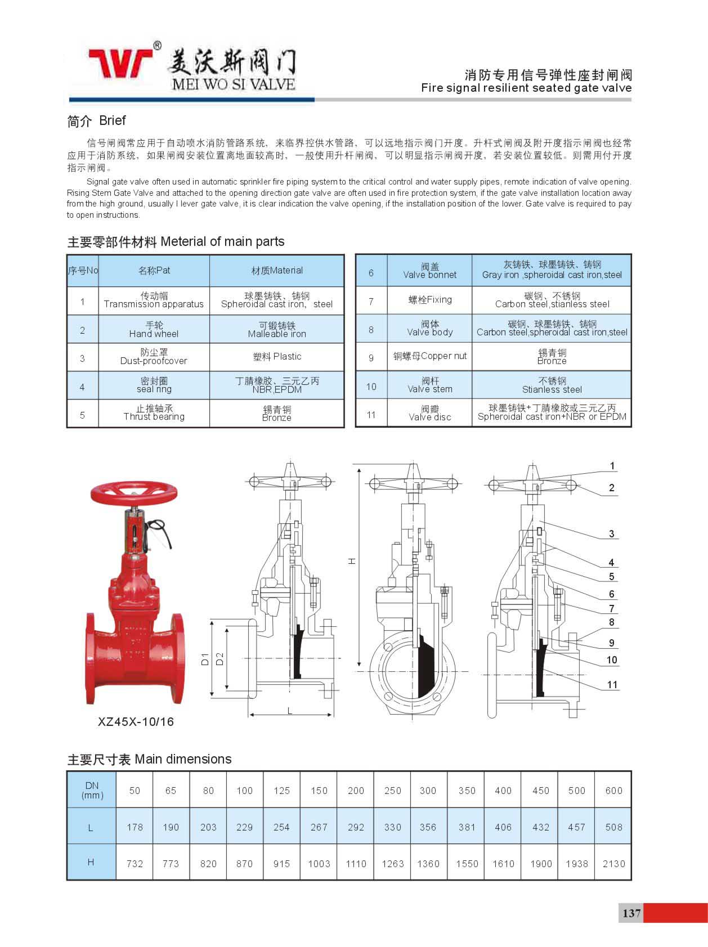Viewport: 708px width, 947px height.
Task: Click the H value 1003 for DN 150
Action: pos(319,863)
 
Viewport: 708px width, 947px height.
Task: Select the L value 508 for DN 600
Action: pos(613,827)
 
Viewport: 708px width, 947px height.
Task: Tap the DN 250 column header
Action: pos(392,791)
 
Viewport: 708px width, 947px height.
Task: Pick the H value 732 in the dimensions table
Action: pos(135,863)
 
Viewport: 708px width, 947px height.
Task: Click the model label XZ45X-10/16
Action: pos(136,722)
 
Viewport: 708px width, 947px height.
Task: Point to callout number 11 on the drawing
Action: pos(612,685)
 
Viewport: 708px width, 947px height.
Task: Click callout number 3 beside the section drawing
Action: pos(611,533)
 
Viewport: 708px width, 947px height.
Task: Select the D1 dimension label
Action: pos(205,659)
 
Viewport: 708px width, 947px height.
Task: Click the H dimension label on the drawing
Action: pos(352,561)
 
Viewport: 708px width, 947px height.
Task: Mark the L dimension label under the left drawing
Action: pos(290,711)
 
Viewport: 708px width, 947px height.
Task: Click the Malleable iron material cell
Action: pos(277,330)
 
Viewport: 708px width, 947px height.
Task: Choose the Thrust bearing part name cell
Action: pos(154,413)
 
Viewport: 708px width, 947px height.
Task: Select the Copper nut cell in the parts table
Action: pos(430,356)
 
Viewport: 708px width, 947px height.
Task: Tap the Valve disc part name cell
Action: pos(430,413)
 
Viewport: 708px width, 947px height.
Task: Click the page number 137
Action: pos(631,913)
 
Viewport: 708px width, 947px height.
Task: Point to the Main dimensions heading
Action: pos(149,759)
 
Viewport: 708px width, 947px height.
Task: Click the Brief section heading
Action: pos(96,120)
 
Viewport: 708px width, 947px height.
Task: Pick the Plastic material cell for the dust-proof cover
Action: pos(277,357)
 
